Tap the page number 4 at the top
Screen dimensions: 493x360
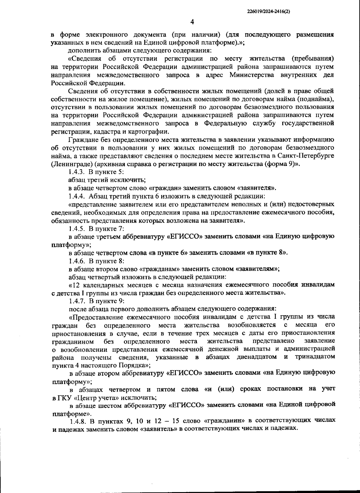192,22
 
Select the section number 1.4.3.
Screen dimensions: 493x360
77,172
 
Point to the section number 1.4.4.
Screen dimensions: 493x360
77,196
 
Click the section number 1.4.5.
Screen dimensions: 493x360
77,229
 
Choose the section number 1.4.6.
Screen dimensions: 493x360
77,261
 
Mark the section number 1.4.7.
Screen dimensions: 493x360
77,301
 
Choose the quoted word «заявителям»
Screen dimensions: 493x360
257,269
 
